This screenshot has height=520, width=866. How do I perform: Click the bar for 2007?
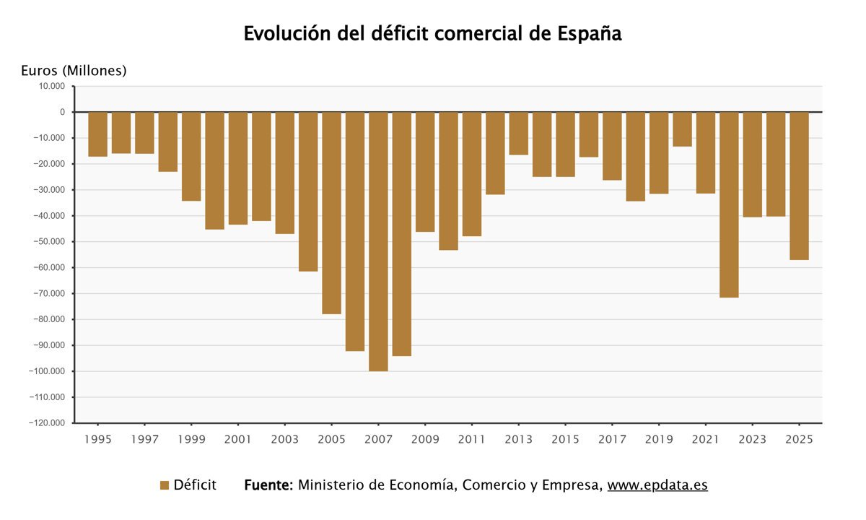tap(378, 241)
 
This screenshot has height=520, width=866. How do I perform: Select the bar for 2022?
tap(729, 204)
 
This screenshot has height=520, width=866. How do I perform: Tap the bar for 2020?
tap(682, 129)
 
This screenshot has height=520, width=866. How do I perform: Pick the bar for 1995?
tap(97, 134)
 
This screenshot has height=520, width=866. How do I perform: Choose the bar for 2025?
tap(799, 186)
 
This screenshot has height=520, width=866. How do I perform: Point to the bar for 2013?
tap(518, 134)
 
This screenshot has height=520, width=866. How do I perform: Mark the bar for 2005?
tap(331, 213)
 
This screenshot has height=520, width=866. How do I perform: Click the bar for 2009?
tap(425, 172)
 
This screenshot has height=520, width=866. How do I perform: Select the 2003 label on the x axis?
tap(284, 439)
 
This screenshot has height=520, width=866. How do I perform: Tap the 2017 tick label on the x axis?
tap(612, 439)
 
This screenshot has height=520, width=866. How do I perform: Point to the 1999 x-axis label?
tap(191, 439)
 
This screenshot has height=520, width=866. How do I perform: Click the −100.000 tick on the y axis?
tap(46, 371)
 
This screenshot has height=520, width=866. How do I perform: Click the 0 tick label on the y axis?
tap(63, 112)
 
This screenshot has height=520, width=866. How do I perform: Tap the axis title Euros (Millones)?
tap(74, 70)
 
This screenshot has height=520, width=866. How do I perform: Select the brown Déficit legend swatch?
tap(164, 485)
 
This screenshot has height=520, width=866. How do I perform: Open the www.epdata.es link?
tap(657, 485)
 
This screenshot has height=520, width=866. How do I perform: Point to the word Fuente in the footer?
tap(268, 485)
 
